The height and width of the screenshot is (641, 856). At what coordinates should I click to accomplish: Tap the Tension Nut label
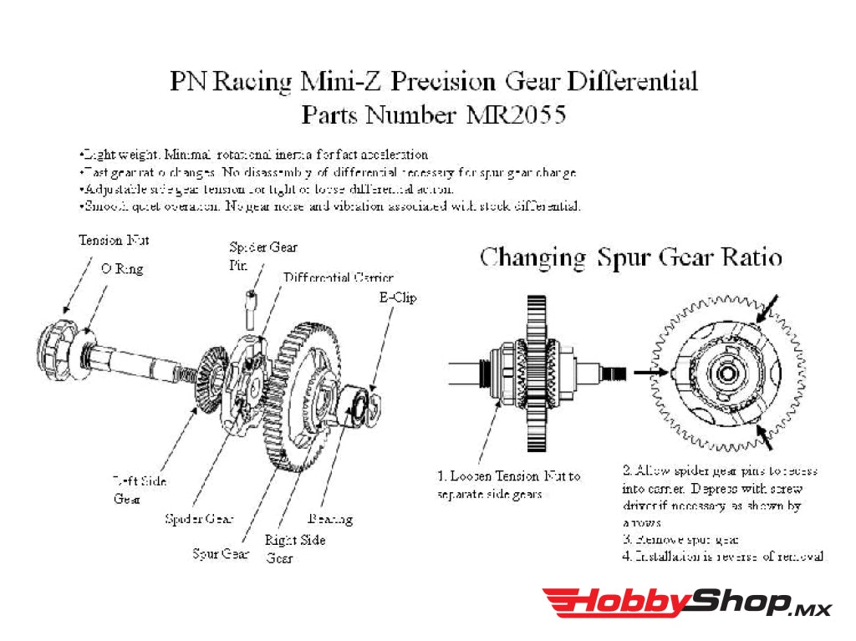(x=114, y=241)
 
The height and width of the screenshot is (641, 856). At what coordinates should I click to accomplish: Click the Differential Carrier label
(x=338, y=277)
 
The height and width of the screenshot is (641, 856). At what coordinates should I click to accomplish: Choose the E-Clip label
(x=397, y=297)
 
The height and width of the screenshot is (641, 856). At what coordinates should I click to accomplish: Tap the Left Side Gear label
(x=139, y=490)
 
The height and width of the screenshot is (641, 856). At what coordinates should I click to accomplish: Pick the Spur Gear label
(x=221, y=553)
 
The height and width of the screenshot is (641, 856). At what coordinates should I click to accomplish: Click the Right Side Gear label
(x=294, y=548)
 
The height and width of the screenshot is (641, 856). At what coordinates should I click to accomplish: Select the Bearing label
(x=330, y=519)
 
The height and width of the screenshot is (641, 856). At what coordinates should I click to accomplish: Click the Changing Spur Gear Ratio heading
(x=630, y=257)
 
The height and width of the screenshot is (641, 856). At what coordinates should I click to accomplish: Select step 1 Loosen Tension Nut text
(x=508, y=485)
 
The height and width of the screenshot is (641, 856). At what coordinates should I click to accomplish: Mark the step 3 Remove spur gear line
(x=680, y=540)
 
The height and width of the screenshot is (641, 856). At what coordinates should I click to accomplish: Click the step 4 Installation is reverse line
(x=723, y=556)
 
